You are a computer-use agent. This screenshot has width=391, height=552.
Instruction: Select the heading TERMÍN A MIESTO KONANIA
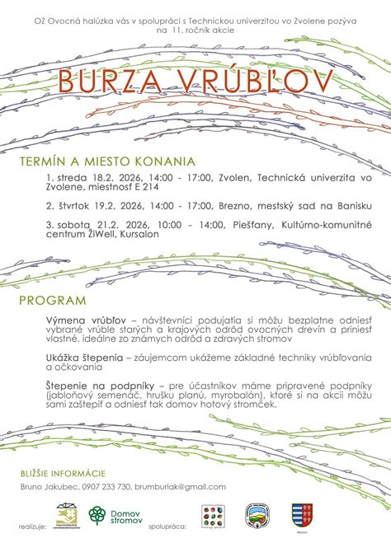pos(107,161)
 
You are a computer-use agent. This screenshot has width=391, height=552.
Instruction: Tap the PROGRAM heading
pos(53,300)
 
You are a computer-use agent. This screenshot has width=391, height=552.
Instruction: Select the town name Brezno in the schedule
pos(238,203)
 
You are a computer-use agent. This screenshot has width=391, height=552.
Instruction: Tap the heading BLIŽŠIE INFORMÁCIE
pos(63,473)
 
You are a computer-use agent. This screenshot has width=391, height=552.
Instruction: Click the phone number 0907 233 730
pos(106,487)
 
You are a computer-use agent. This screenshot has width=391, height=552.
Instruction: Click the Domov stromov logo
pos(115,517)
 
